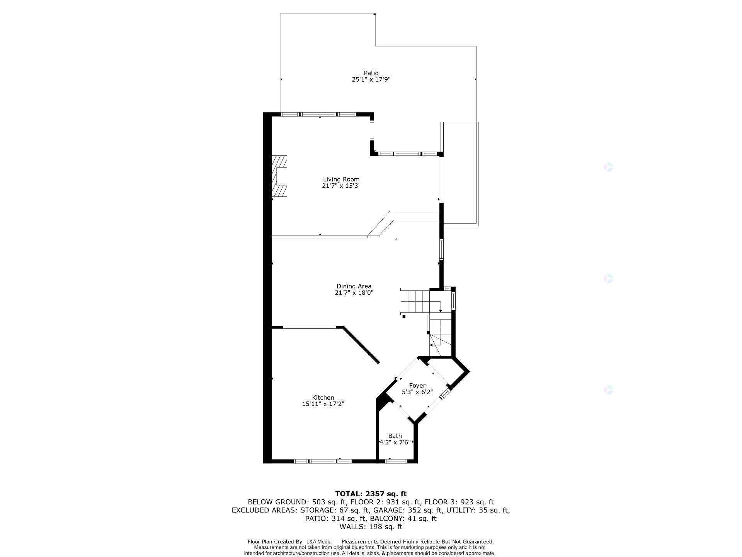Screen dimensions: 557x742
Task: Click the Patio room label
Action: pos(371,73)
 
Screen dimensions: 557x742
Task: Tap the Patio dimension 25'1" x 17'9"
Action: pos(371,80)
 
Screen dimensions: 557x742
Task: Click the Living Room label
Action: pos(341,179)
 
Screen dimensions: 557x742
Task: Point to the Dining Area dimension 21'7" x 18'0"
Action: pos(354,293)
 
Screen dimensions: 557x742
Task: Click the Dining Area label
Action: pos(354,286)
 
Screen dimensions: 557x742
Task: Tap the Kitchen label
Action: pos(323,398)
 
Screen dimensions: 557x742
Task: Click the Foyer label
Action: pos(417,386)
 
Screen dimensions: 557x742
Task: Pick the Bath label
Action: pos(395,436)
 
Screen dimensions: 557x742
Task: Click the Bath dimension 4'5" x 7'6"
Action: pos(395,442)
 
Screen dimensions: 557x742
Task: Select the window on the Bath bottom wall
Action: pos(396,461)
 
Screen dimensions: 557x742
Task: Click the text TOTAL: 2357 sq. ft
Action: pos(371,494)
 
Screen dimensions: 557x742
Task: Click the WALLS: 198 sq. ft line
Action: pos(371,527)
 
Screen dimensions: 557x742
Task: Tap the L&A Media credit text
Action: pos(318,542)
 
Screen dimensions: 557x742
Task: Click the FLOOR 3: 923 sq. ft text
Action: pos(459,502)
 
